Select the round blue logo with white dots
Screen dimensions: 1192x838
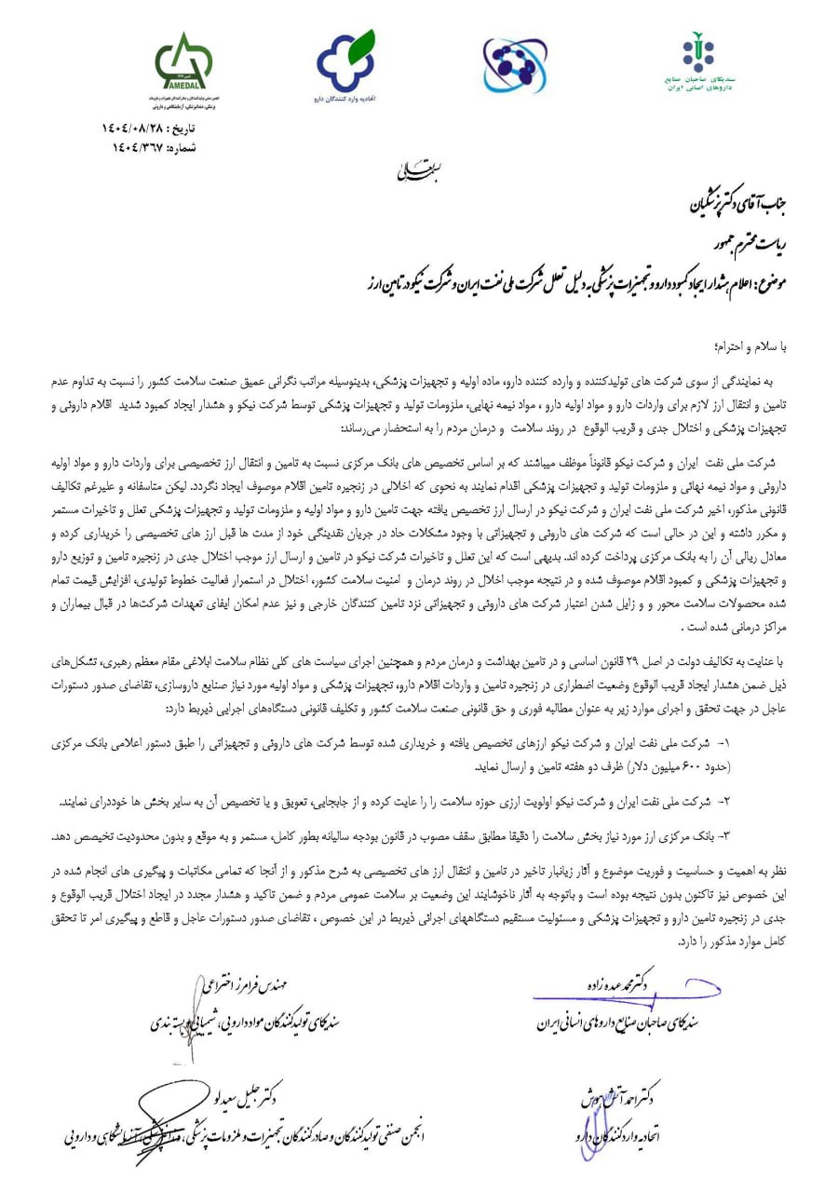coord(514,65)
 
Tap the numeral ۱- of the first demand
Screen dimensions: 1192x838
coord(727,746)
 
